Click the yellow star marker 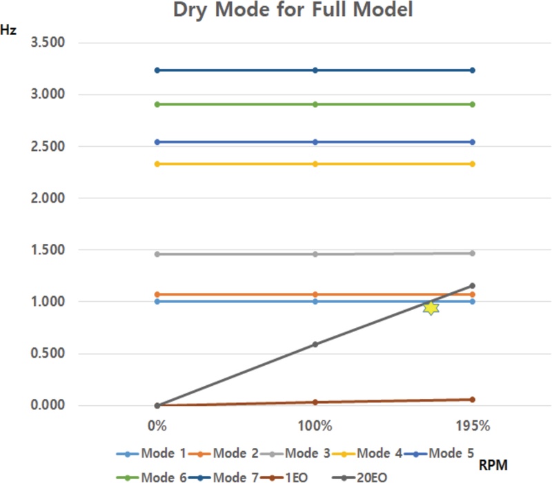pos(431,307)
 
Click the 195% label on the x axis pos(473,426)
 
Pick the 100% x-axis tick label pos(315,426)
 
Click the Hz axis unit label pos(9,32)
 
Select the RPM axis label pos(493,466)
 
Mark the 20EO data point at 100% pos(315,344)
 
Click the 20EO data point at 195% pos(473,285)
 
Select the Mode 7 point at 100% pos(315,70)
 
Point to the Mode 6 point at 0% pos(157,104)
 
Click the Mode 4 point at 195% pos(473,163)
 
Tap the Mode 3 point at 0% pos(157,254)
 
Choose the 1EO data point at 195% pos(473,399)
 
